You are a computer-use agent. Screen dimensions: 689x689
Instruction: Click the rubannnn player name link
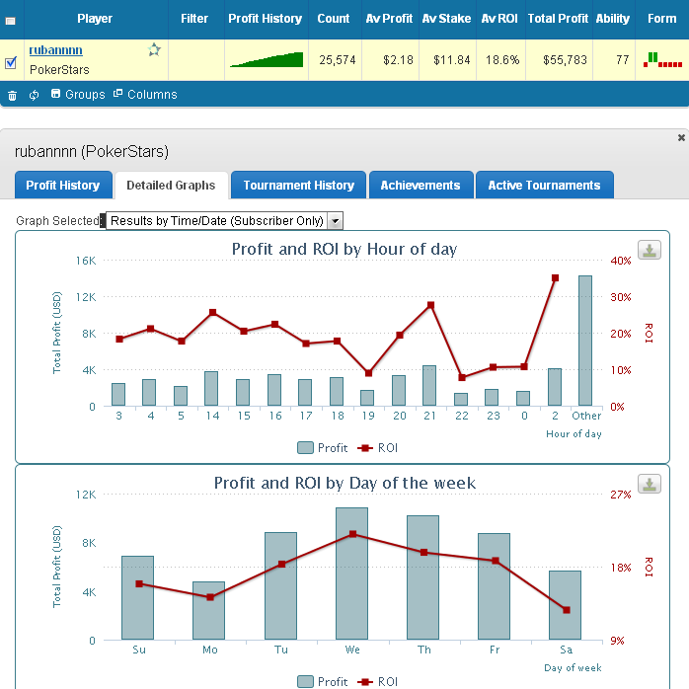point(56,50)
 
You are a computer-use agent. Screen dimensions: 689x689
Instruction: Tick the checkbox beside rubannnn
point(11,62)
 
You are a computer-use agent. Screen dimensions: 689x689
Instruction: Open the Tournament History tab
point(298,185)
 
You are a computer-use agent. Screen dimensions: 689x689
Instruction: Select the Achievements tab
point(421,185)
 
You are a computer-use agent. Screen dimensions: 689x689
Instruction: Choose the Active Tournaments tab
point(544,185)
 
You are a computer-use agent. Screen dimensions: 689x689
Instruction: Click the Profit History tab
point(62,185)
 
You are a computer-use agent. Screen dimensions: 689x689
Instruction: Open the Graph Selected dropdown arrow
point(336,221)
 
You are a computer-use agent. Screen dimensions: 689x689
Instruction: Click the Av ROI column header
point(499,19)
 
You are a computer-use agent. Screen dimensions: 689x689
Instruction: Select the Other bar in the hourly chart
point(585,341)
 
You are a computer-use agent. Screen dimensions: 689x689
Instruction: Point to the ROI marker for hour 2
point(555,278)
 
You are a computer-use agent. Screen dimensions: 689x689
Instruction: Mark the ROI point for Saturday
point(566,610)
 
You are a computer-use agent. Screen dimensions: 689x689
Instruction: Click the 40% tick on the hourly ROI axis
point(621,261)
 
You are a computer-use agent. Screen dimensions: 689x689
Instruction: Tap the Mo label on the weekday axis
point(209,651)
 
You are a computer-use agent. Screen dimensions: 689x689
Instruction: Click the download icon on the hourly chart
point(650,250)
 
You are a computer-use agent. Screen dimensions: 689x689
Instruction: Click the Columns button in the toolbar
point(145,95)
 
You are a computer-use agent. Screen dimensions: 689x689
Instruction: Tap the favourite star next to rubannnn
point(154,50)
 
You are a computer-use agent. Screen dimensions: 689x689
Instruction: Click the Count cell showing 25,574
point(334,60)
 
